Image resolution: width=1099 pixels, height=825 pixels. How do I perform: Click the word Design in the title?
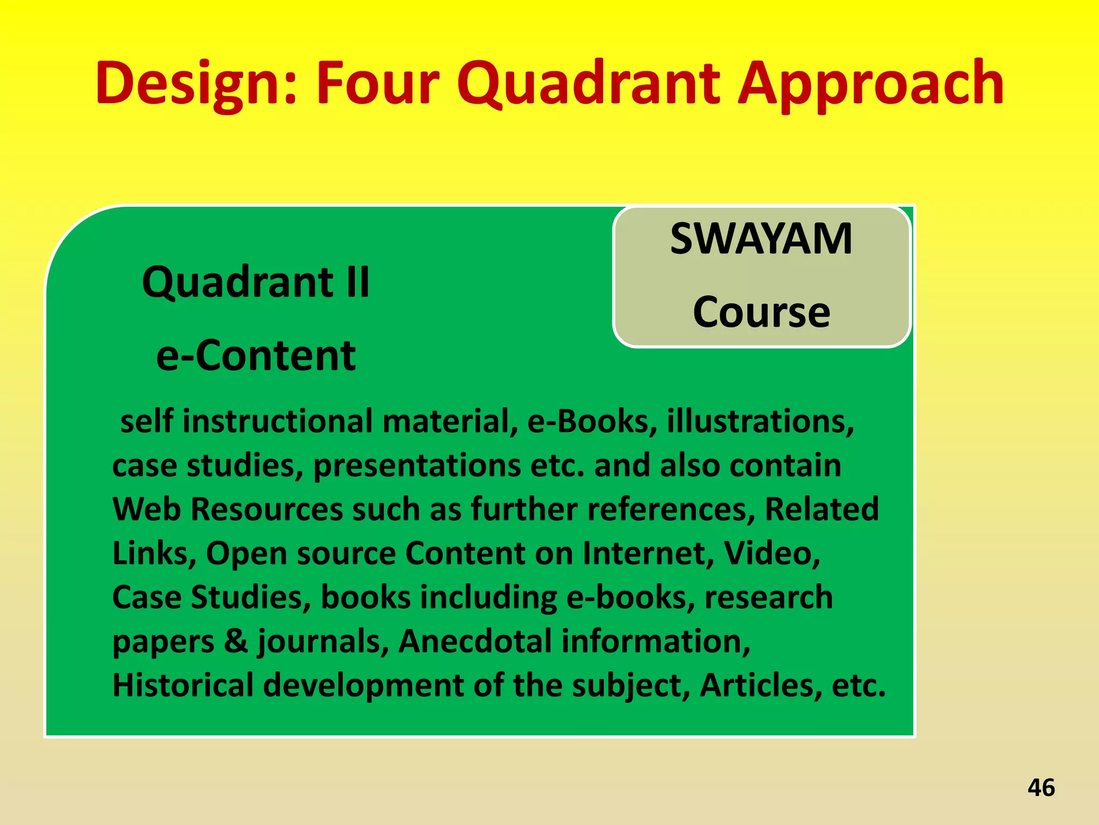(195, 84)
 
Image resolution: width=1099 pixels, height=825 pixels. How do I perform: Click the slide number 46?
(1041, 787)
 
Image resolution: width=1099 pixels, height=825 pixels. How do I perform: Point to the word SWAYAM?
(761, 239)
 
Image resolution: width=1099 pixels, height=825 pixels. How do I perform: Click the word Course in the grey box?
(761, 312)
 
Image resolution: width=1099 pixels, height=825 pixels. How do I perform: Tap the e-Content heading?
(256, 356)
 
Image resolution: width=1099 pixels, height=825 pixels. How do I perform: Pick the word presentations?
(416, 466)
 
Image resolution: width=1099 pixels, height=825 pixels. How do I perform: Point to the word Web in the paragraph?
(146, 509)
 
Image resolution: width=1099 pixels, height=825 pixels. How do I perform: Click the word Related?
(822, 509)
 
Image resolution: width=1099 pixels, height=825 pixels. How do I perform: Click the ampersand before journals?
(236, 641)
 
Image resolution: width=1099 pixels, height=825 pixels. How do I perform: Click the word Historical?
(182, 685)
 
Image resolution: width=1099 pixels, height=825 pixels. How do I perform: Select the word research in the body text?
(768, 597)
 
